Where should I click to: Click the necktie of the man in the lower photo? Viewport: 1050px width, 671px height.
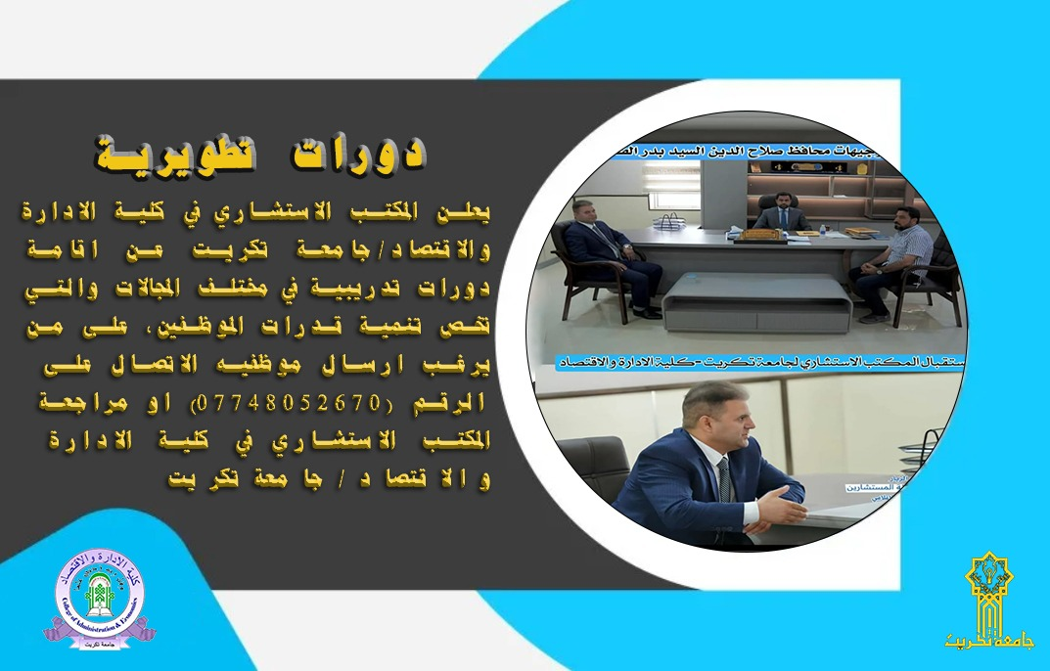click(x=724, y=479)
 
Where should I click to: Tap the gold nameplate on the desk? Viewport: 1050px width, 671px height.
click(x=763, y=234)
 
